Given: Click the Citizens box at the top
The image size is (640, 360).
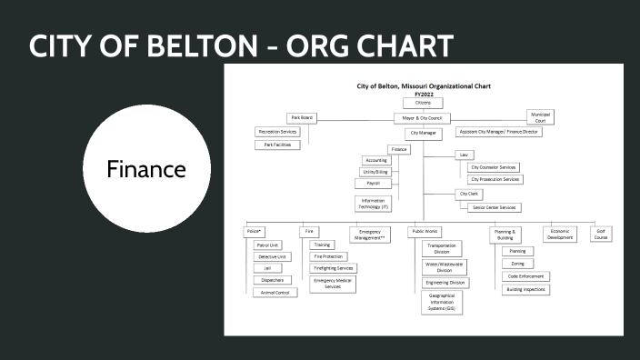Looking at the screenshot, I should coord(423,103).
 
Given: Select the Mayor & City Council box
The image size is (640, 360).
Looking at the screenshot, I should coord(423,117).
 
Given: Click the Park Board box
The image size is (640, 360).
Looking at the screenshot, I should coord(301,117).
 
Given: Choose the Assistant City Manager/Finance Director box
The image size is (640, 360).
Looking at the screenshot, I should coord(498,132).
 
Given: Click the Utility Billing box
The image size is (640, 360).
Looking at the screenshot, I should coord(375,172).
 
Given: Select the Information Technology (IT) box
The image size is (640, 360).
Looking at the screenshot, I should coord(375,204).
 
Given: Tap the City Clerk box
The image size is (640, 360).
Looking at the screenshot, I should coord(469,194).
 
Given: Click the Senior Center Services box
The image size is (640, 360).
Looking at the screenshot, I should coord(495,207).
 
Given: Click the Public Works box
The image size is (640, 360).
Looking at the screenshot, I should coord(425,232).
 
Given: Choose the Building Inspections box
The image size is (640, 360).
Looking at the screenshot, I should coord(525,289).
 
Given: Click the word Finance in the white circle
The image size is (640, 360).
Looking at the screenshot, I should coord(147,170).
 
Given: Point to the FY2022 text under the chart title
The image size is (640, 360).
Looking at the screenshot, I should coord(424,94).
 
